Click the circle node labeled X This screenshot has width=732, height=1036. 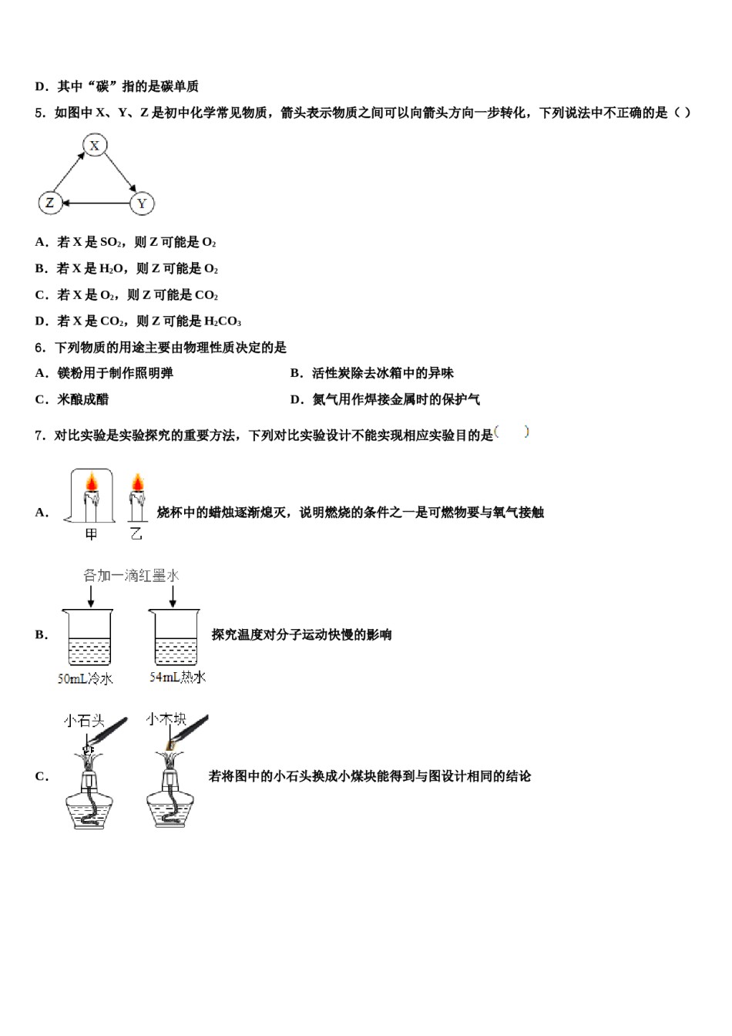tap(94, 145)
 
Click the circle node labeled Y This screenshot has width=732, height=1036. tap(141, 203)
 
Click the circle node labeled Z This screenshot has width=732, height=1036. tap(50, 203)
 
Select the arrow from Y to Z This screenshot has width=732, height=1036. tap(96, 203)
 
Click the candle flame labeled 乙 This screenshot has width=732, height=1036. tap(137, 483)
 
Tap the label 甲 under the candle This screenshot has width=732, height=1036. tap(92, 533)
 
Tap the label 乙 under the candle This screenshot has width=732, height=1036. tap(136, 533)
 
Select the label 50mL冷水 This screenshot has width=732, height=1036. tap(85, 678)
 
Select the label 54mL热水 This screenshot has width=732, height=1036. tap(177, 677)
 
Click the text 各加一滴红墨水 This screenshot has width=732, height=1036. tap(131, 575)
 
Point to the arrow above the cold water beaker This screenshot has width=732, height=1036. tap(91, 595)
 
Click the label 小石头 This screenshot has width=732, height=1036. tap(84, 721)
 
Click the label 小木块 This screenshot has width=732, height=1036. tap(166, 719)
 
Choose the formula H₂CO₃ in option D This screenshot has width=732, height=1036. tap(223, 321)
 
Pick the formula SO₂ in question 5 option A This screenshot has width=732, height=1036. tap(111, 242)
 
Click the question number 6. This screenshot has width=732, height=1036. tap(40, 348)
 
